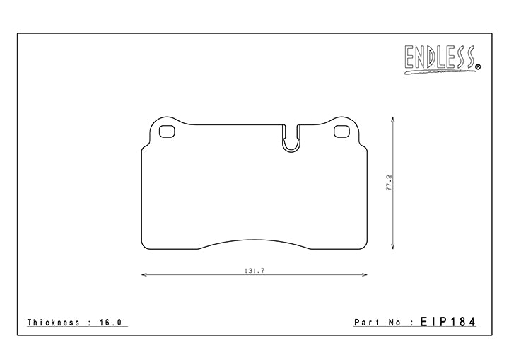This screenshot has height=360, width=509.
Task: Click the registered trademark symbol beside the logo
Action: point(478,67)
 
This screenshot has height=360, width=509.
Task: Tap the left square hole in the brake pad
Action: point(168,131)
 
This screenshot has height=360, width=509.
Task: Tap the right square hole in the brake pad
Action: point(341,131)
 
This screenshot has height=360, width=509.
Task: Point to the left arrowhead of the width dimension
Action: point(144,275)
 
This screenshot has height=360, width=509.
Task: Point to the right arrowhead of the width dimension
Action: point(365,275)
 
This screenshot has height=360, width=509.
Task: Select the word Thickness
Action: point(54,323)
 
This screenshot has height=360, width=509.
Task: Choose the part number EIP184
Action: point(447,323)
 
